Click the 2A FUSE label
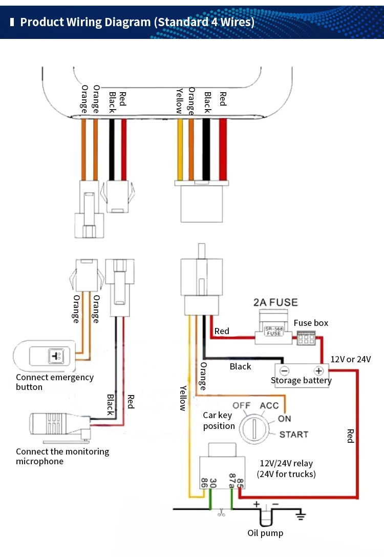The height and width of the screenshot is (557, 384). pyautogui.click(x=275, y=302)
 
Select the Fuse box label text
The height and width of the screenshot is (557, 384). pyautogui.click(x=311, y=323)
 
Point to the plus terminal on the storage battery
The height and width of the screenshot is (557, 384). pyautogui.click(x=318, y=370)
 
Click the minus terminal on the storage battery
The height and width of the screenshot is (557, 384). pyautogui.click(x=284, y=370)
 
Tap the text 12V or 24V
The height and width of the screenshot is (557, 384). pyautogui.click(x=350, y=359)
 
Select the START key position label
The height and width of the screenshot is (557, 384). pyautogui.click(x=294, y=435)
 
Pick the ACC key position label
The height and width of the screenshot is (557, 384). pyautogui.click(x=269, y=405)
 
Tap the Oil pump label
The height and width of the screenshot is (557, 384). pyautogui.click(x=265, y=533)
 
